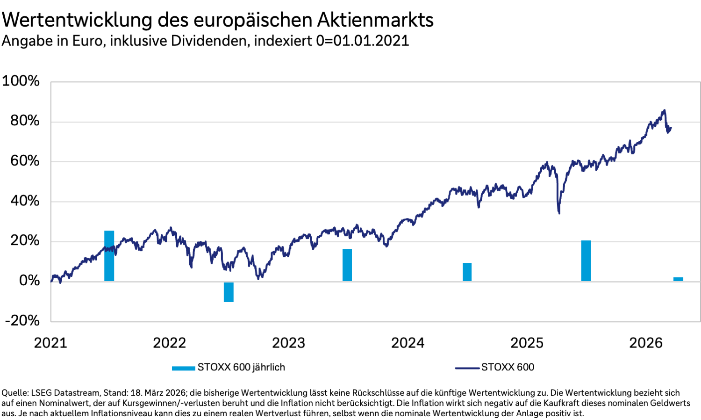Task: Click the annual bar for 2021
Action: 109,256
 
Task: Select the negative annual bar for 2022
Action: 229,292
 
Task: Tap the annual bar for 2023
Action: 347,265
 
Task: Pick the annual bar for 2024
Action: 467,272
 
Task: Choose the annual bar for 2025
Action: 586,261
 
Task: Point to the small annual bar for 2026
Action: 678,279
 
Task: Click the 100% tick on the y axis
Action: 21,81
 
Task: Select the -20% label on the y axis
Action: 22,320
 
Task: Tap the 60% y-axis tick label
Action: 25,161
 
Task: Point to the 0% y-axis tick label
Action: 29,281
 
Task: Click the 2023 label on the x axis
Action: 288,343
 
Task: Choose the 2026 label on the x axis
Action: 646,343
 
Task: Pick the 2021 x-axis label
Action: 50,343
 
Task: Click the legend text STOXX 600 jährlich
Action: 241,367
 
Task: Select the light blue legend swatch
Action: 183,368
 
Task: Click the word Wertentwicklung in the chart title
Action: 77,20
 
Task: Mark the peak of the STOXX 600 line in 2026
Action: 664,110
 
